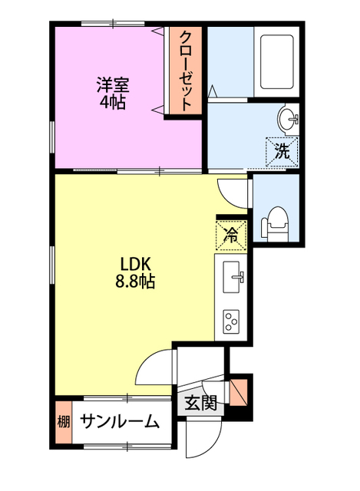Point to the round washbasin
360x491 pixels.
[289, 119]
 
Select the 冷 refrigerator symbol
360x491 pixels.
[231, 235]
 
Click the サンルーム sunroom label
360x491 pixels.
[120, 421]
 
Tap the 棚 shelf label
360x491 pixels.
[63, 421]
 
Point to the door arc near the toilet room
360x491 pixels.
[230, 192]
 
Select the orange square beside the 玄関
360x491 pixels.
[240, 390]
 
